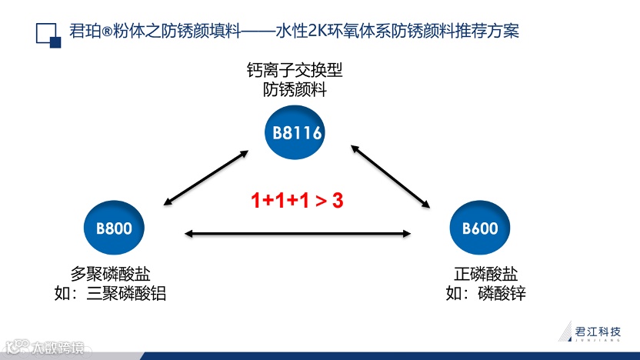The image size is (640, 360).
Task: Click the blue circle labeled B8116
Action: [x=296, y=133]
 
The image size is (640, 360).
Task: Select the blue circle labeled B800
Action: [x=113, y=228]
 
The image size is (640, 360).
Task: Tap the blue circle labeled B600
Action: [x=479, y=228]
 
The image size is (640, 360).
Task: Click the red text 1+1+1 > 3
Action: [x=296, y=201]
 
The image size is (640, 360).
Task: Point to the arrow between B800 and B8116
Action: [x=205, y=177]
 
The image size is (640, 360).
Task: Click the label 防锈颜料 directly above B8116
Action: [x=295, y=90]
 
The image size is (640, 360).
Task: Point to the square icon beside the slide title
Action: [x=48, y=35]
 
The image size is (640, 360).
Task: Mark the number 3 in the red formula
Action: [x=337, y=201]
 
